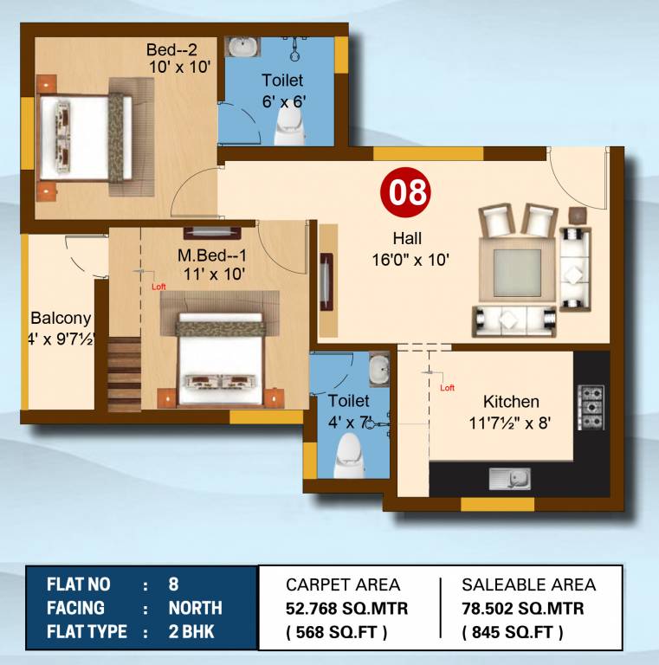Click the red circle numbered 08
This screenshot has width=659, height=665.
(x=407, y=192)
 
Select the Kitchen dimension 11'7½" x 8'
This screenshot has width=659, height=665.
(x=510, y=423)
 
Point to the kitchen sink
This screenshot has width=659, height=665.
(x=503, y=478)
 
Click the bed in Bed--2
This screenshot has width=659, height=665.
(x=87, y=138)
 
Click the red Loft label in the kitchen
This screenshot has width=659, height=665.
(x=447, y=388)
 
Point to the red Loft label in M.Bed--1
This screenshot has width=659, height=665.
(x=158, y=287)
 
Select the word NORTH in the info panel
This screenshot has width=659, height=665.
(x=195, y=608)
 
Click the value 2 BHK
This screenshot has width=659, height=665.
(x=191, y=632)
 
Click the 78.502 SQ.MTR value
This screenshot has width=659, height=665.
(x=523, y=609)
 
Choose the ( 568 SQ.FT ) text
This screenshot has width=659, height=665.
(x=337, y=633)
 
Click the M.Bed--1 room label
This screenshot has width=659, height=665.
(x=213, y=256)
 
